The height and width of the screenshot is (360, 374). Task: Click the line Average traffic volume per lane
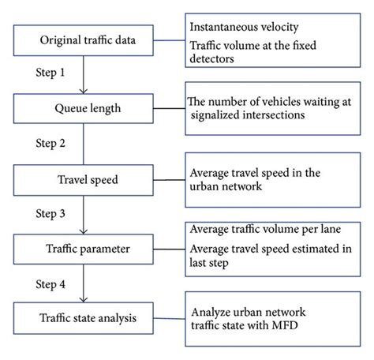267,229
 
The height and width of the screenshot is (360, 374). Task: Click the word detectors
216,62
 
